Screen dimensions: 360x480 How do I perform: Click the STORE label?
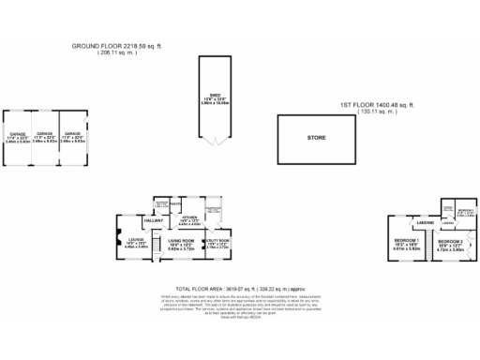tap(316, 139)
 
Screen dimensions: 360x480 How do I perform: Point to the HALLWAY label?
tap(155, 220)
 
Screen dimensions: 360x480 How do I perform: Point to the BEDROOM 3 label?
tap(465, 210)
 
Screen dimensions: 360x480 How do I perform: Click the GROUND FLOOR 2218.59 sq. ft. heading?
tap(122, 44)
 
